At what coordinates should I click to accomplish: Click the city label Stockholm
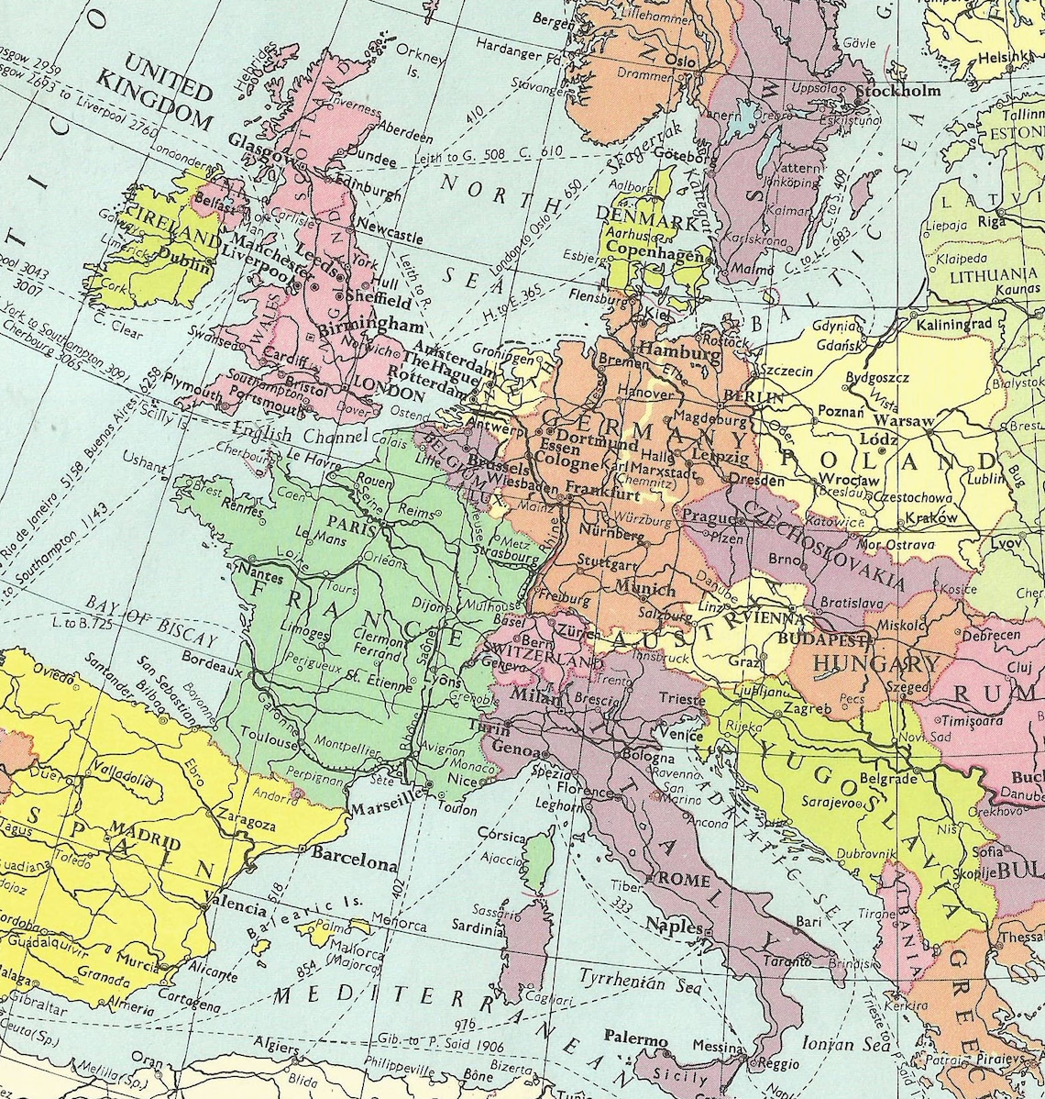898,92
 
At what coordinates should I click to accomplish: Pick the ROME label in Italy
685,880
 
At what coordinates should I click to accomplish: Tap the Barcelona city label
355,865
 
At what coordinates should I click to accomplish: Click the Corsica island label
500,838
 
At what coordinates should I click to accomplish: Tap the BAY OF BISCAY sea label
151,621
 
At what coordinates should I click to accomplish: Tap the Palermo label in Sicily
635,1038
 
